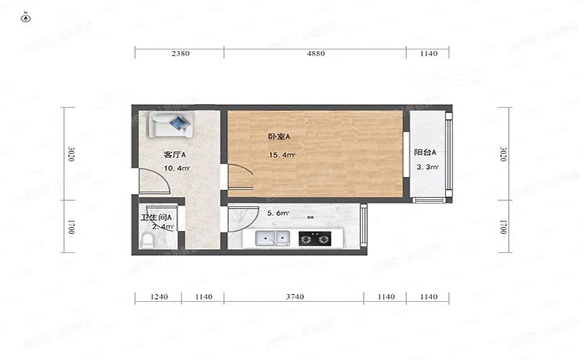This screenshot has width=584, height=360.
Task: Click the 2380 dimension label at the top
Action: click(179, 53)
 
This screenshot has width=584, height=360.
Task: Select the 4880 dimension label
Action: click(315, 53)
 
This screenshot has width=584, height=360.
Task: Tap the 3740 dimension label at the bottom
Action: click(295, 297)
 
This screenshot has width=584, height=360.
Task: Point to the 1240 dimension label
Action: click(159, 297)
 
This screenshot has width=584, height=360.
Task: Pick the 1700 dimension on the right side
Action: click(503, 226)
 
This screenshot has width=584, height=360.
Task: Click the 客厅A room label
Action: click(174, 154)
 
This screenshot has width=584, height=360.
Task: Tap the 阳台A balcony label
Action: click(425, 153)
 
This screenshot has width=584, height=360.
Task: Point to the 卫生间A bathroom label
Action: click(156, 217)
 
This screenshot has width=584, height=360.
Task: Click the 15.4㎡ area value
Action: click(282, 155)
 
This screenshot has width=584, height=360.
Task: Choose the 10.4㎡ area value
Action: click(176, 168)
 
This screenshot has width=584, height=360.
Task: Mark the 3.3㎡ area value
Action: click(427, 167)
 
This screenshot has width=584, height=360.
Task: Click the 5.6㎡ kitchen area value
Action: click(278, 213)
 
